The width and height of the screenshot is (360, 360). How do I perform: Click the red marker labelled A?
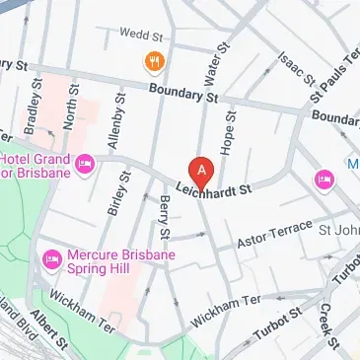201,172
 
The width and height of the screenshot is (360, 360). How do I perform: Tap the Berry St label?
165,216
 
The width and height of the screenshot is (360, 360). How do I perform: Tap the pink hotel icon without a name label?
324,178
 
